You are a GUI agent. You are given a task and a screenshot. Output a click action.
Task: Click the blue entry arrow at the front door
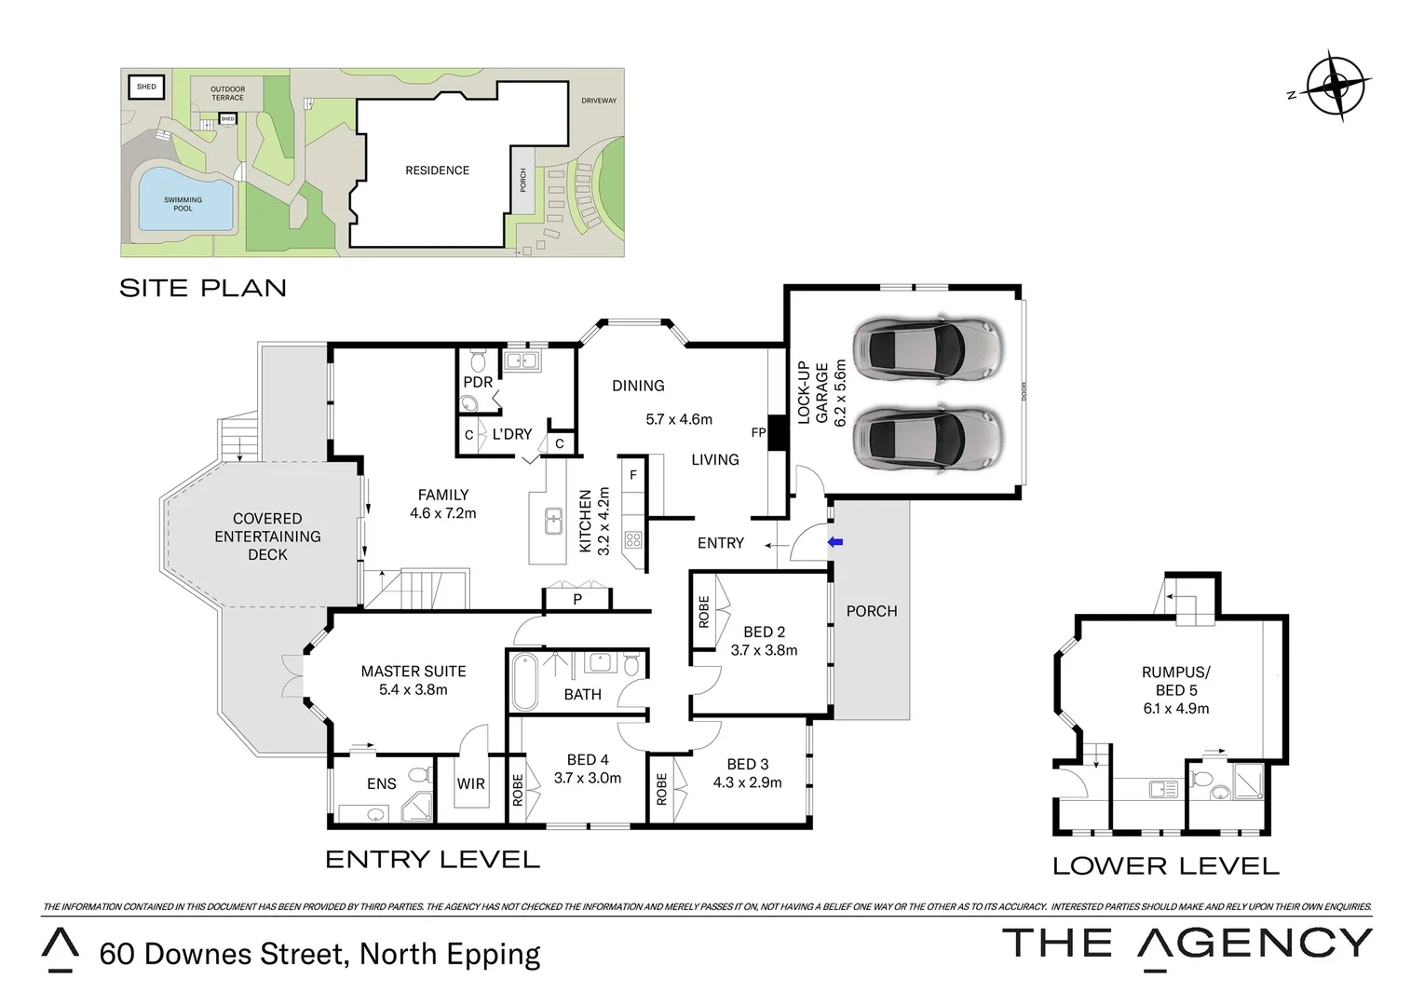[x=835, y=542]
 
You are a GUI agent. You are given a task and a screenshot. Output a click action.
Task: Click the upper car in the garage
[x=928, y=349]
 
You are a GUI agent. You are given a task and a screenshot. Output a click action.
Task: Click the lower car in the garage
[x=928, y=436]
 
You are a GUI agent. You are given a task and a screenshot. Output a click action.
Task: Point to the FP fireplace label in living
[x=758, y=433]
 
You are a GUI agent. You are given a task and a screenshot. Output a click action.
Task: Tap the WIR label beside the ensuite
[x=470, y=784]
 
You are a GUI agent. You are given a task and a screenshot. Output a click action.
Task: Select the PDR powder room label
[x=478, y=382]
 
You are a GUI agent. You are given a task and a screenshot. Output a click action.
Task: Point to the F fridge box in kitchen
[x=633, y=475]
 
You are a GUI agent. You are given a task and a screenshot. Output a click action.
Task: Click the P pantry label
[x=577, y=600]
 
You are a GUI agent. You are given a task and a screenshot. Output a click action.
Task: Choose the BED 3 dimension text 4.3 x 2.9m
[x=747, y=782]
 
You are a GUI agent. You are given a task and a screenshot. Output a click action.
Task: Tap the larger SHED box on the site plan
[x=146, y=88]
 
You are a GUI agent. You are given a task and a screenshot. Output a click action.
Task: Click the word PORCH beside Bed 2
[x=872, y=611]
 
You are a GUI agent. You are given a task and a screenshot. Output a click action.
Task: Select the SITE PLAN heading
[x=203, y=288]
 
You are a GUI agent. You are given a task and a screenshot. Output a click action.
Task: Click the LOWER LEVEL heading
[x=1165, y=866]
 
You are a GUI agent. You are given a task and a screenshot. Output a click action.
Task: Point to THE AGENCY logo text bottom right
[x=1187, y=944]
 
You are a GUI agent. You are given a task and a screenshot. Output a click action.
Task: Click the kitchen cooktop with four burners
[x=633, y=539]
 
